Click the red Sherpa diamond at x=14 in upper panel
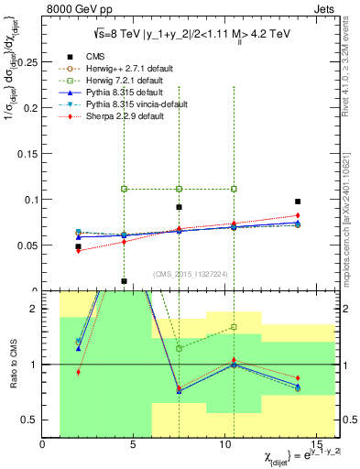pyautogui.click(x=298, y=215)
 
